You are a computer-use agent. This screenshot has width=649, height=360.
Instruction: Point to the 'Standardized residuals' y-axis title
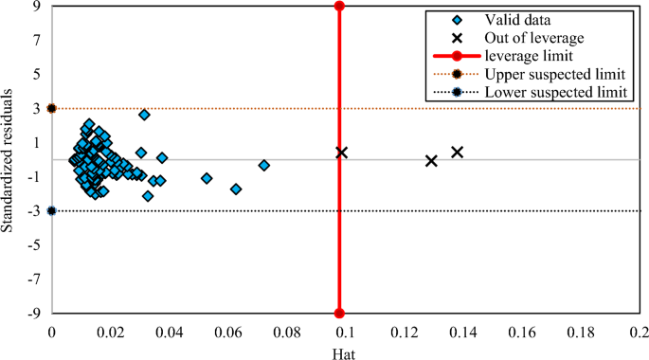[x=9, y=160]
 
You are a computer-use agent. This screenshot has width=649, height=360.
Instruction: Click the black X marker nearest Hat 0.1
[x=341, y=153]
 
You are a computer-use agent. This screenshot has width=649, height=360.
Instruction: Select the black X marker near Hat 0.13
[x=431, y=161]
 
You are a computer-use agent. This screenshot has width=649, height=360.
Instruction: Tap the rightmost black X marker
[x=457, y=152]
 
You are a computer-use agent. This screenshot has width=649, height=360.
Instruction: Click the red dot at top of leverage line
[x=339, y=7]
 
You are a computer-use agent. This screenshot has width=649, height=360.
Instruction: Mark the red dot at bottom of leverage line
[x=339, y=314]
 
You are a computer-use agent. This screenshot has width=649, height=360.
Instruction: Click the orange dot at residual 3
[x=51, y=109]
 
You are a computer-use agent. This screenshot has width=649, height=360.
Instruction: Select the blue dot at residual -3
[x=51, y=211]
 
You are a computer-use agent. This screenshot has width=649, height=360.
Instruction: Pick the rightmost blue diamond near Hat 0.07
[x=264, y=165]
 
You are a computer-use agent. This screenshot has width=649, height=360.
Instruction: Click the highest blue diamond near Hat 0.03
[x=144, y=115]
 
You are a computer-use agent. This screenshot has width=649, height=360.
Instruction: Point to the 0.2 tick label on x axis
[x=638, y=333]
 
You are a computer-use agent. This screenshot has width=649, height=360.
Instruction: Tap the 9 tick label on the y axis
[x=36, y=7]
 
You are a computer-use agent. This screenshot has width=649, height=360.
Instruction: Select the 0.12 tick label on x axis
[x=404, y=333]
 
